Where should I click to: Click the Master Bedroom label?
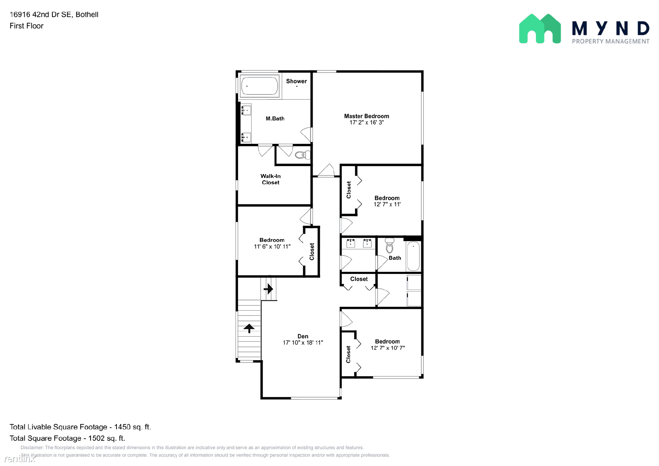point(367,116)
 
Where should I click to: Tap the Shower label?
point(297,81)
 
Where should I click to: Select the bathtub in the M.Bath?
point(259,86)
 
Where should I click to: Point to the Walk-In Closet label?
point(271,179)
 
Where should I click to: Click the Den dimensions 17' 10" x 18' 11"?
point(303,342)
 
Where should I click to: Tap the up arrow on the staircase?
point(249,328)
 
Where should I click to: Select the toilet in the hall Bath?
point(390,246)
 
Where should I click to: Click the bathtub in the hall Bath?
point(413,256)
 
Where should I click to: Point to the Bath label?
point(395,258)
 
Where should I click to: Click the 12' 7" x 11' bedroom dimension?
point(387,204)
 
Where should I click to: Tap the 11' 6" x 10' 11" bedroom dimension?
point(272,246)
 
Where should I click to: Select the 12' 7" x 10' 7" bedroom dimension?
point(388,348)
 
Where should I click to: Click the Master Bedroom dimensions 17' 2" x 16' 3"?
point(367,122)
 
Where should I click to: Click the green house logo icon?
point(540,29)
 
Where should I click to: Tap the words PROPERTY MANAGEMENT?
point(610,41)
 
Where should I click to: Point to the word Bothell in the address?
point(87,14)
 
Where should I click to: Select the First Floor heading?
point(26,26)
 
